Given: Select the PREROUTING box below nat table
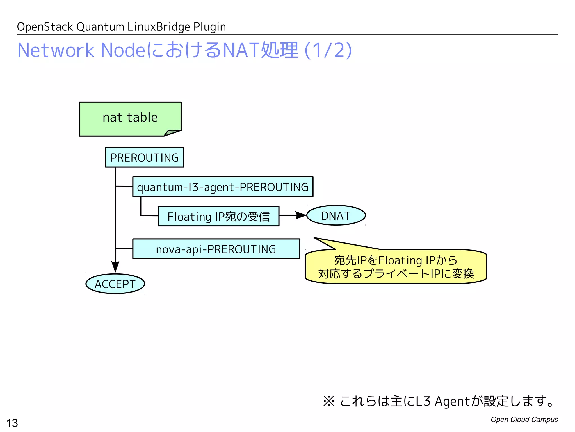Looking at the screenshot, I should [x=145, y=157].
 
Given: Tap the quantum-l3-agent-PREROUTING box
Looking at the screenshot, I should [x=223, y=187].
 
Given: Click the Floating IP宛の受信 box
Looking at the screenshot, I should [x=218, y=216].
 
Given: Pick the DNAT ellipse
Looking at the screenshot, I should [x=336, y=215].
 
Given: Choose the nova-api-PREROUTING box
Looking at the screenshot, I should [x=216, y=249].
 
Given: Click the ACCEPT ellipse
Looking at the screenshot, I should [x=115, y=284].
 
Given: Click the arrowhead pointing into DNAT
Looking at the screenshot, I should [x=301, y=215].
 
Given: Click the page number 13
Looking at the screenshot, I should [x=12, y=423].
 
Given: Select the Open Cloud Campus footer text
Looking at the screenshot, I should [x=524, y=419].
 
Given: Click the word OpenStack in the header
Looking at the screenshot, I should [x=45, y=27].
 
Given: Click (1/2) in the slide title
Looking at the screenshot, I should [x=328, y=50].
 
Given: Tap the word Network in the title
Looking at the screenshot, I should [x=56, y=50].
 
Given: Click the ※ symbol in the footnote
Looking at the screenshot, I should [x=328, y=401].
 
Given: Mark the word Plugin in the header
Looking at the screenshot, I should [x=209, y=27].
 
